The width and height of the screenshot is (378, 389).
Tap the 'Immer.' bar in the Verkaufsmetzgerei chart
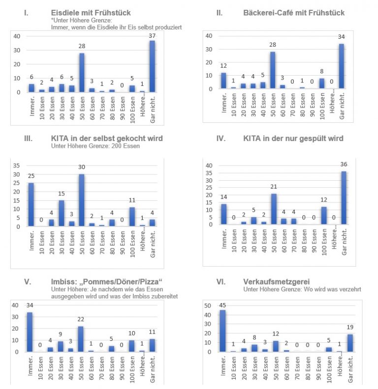point(223,331)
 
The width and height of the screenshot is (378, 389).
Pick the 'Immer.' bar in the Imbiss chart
point(31,332)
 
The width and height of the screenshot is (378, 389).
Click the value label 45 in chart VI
point(223,305)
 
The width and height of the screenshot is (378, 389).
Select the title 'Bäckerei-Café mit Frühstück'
point(294,13)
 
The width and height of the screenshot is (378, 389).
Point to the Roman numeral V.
point(28,281)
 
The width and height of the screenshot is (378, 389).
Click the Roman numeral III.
point(29,139)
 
